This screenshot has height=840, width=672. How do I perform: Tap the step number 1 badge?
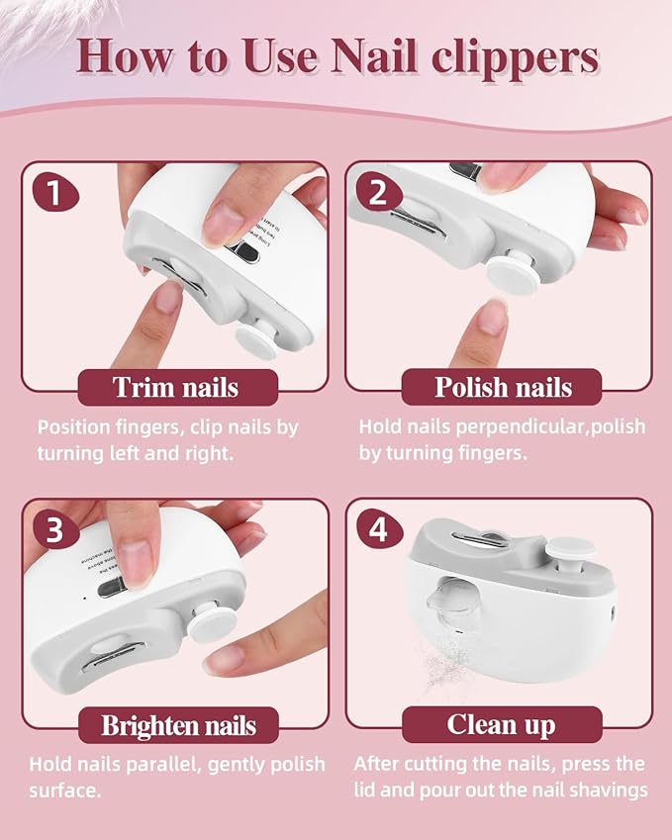pos(53,192)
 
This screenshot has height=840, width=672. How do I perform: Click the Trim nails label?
pos(175,387)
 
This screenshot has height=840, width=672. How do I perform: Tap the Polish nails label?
pos(503,387)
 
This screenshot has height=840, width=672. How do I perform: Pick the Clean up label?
pos(503,724)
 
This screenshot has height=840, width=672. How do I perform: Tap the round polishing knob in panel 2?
pos(514,269)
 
